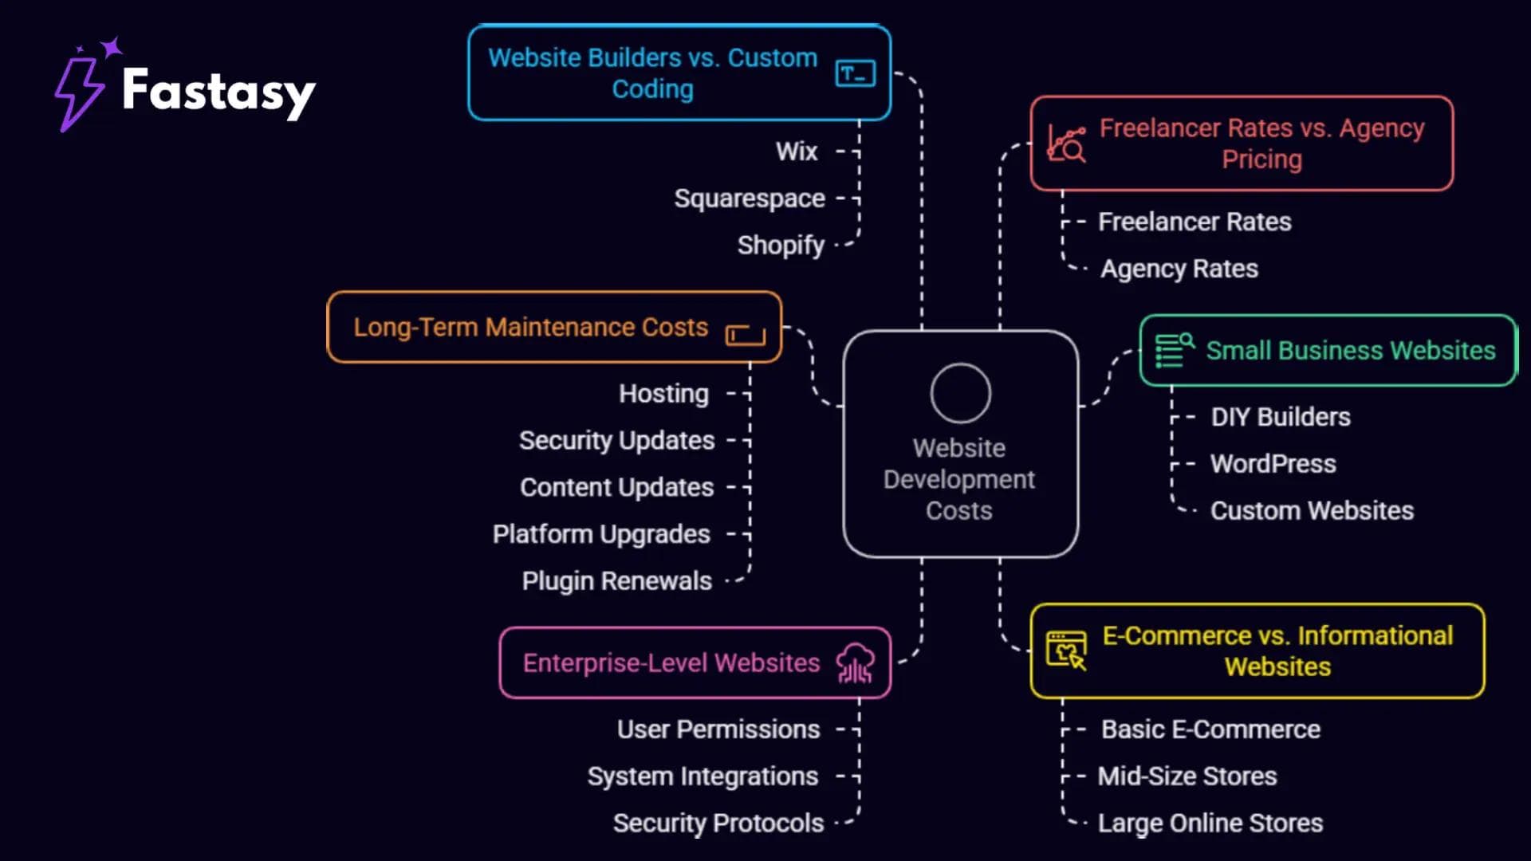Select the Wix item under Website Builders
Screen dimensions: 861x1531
click(x=797, y=151)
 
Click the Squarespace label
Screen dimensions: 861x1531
click(x=749, y=199)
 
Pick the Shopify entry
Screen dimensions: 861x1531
click(x=780, y=246)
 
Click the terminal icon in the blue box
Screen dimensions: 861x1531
click(x=855, y=74)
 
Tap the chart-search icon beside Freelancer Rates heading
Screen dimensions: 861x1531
click(x=1067, y=144)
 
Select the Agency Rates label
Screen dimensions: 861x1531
click(x=1179, y=269)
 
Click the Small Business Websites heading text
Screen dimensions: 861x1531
click(x=1350, y=351)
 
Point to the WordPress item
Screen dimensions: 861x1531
click(x=1273, y=464)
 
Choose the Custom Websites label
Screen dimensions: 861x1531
click(x=1312, y=511)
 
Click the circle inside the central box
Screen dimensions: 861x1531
click(x=960, y=393)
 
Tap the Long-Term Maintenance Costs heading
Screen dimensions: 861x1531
click(x=530, y=328)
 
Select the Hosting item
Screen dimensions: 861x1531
click(x=663, y=394)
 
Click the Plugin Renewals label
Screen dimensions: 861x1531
click(x=616, y=581)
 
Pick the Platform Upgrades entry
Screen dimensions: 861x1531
click(x=600, y=534)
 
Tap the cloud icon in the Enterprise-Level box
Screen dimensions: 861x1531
click(x=855, y=663)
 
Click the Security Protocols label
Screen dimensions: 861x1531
click(x=718, y=824)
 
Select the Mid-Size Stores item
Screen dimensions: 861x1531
click(x=1187, y=776)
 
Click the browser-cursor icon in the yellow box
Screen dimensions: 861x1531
click(x=1066, y=651)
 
